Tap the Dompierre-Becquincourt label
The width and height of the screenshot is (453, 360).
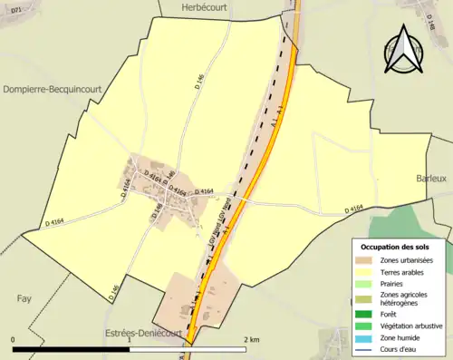[59, 89]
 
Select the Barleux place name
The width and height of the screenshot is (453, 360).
[432, 180]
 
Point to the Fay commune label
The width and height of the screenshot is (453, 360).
[24, 297]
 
